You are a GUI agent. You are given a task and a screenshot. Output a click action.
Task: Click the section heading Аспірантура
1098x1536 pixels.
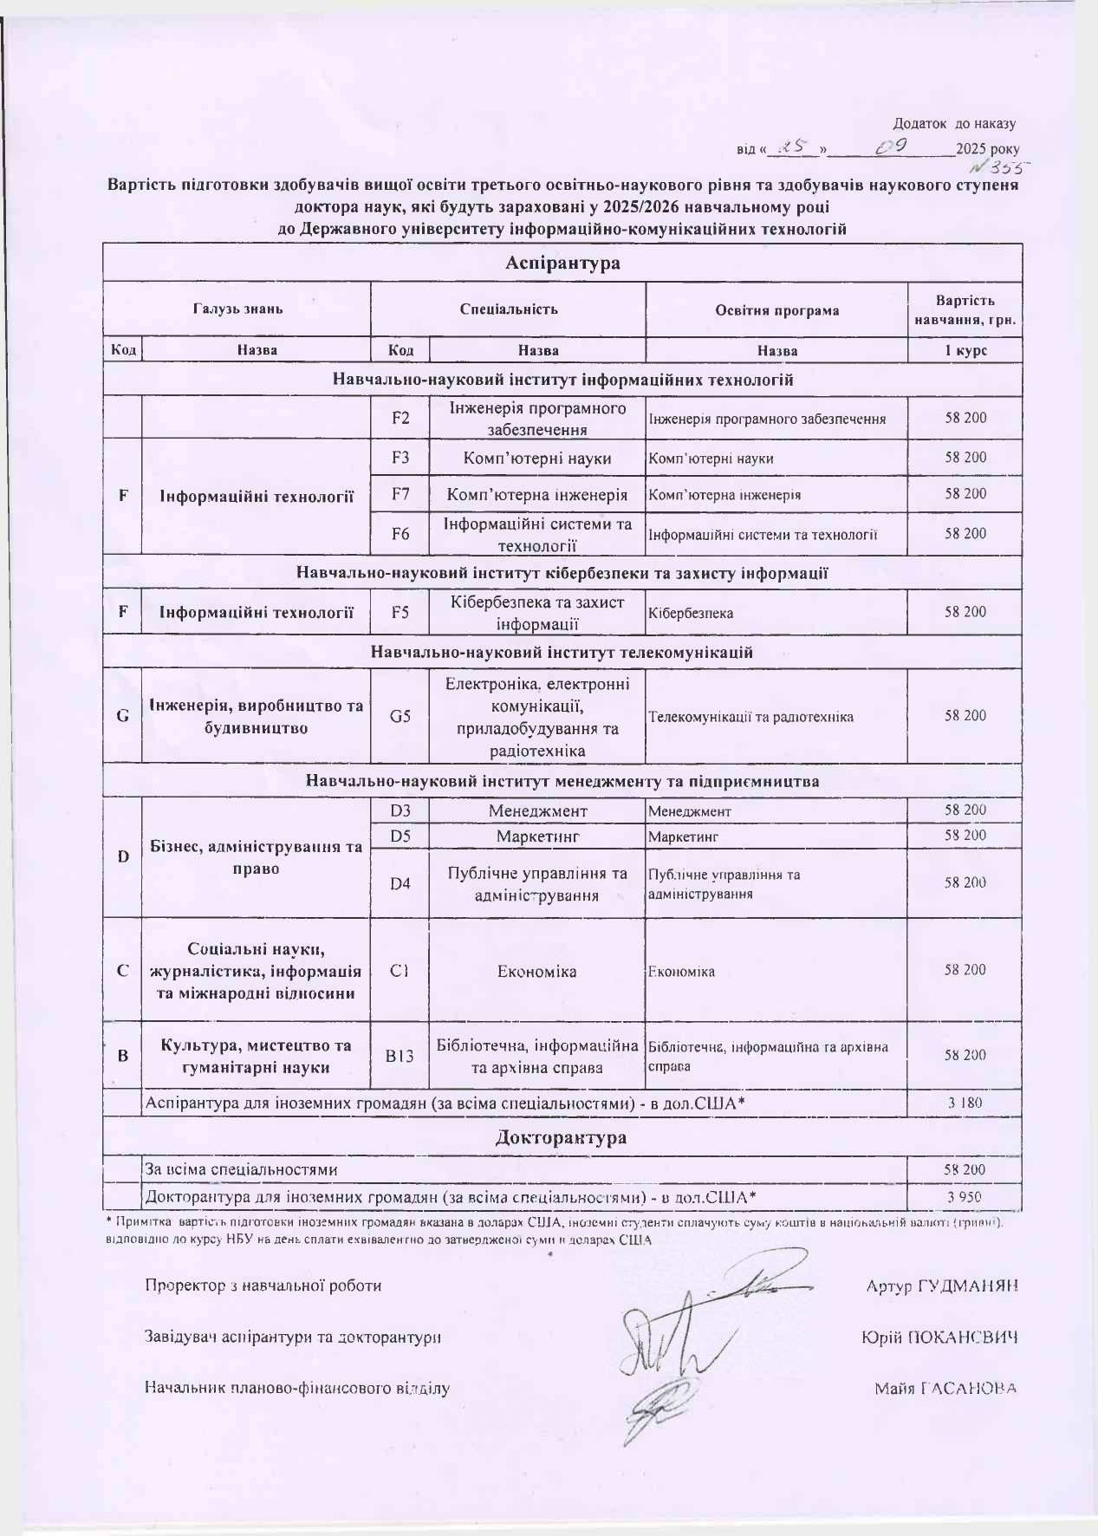coord(562,263)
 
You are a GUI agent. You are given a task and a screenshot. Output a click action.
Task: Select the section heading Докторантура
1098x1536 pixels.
coord(561,1137)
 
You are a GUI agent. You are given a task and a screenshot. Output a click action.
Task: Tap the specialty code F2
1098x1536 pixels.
coord(400,418)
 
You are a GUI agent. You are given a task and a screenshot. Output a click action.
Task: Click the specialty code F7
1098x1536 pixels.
coord(400,494)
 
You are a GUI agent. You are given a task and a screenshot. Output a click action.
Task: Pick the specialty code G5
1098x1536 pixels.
coord(400,716)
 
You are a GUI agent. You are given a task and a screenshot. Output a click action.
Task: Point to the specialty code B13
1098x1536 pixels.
coord(400,1056)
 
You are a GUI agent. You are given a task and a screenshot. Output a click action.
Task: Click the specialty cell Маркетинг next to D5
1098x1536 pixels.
coord(537,836)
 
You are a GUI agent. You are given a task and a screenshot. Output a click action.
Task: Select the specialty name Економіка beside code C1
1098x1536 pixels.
coord(537,971)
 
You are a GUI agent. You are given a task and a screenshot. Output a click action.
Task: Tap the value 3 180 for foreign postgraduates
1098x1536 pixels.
coord(965,1103)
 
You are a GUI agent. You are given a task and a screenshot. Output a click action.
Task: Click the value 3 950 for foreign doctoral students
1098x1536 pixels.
coord(965,1198)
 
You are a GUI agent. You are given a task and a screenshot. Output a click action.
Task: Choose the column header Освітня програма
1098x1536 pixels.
coord(776,309)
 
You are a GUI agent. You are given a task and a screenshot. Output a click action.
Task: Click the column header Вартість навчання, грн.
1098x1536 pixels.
coord(965,310)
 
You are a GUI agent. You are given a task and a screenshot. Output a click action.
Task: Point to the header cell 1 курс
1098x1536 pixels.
coord(965,350)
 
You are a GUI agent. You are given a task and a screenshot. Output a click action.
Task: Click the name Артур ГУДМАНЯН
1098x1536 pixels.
coord(942,1285)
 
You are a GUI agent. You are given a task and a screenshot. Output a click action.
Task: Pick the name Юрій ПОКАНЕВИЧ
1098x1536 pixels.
coord(939,1337)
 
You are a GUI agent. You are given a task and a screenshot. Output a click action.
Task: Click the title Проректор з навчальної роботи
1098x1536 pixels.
coord(263,1285)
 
